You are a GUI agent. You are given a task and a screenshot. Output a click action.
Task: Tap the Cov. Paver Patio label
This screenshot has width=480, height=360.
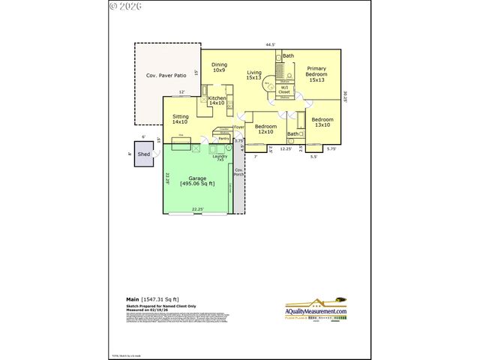pyautogui.click(x=165, y=76)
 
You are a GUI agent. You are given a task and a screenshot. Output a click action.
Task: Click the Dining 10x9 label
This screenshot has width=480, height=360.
pyautogui.click(x=219, y=67)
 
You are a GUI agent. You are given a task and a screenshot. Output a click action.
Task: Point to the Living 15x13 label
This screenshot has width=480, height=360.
pyautogui.click(x=254, y=75)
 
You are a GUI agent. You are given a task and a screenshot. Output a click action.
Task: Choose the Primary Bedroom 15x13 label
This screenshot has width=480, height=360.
pyautogui.click(x=316, y=75)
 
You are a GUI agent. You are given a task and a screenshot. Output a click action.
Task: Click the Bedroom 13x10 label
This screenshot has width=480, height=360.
pyautogui.click(x=322, y=123)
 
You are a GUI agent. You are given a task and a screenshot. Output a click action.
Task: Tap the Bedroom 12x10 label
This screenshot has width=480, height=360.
pyautogui.click(x=265, y=129)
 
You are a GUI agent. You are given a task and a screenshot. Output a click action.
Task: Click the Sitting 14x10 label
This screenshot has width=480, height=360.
pyautogui.click(x=181, y=119)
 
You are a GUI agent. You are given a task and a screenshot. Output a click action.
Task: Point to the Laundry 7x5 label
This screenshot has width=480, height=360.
pyautogui.click(x=220, y=157)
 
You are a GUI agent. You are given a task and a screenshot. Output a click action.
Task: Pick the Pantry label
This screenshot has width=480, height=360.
pyautogui.click(x=223, y=139)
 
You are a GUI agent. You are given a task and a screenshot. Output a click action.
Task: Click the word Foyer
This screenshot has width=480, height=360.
pyautogui.click(x=239, y=127)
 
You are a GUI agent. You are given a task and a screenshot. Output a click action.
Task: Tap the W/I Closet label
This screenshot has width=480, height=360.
pyautogui.click(x=284, y=90)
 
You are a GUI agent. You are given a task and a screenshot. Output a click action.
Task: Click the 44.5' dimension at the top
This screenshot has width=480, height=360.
pyautogui.click(x=270, y=46)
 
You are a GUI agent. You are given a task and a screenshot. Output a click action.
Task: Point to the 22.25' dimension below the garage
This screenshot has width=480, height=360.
pyautogui.click(x=198, y=209)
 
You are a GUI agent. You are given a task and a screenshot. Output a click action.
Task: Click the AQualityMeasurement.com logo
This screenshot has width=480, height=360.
pyautogui.click(x=316, y=310)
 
